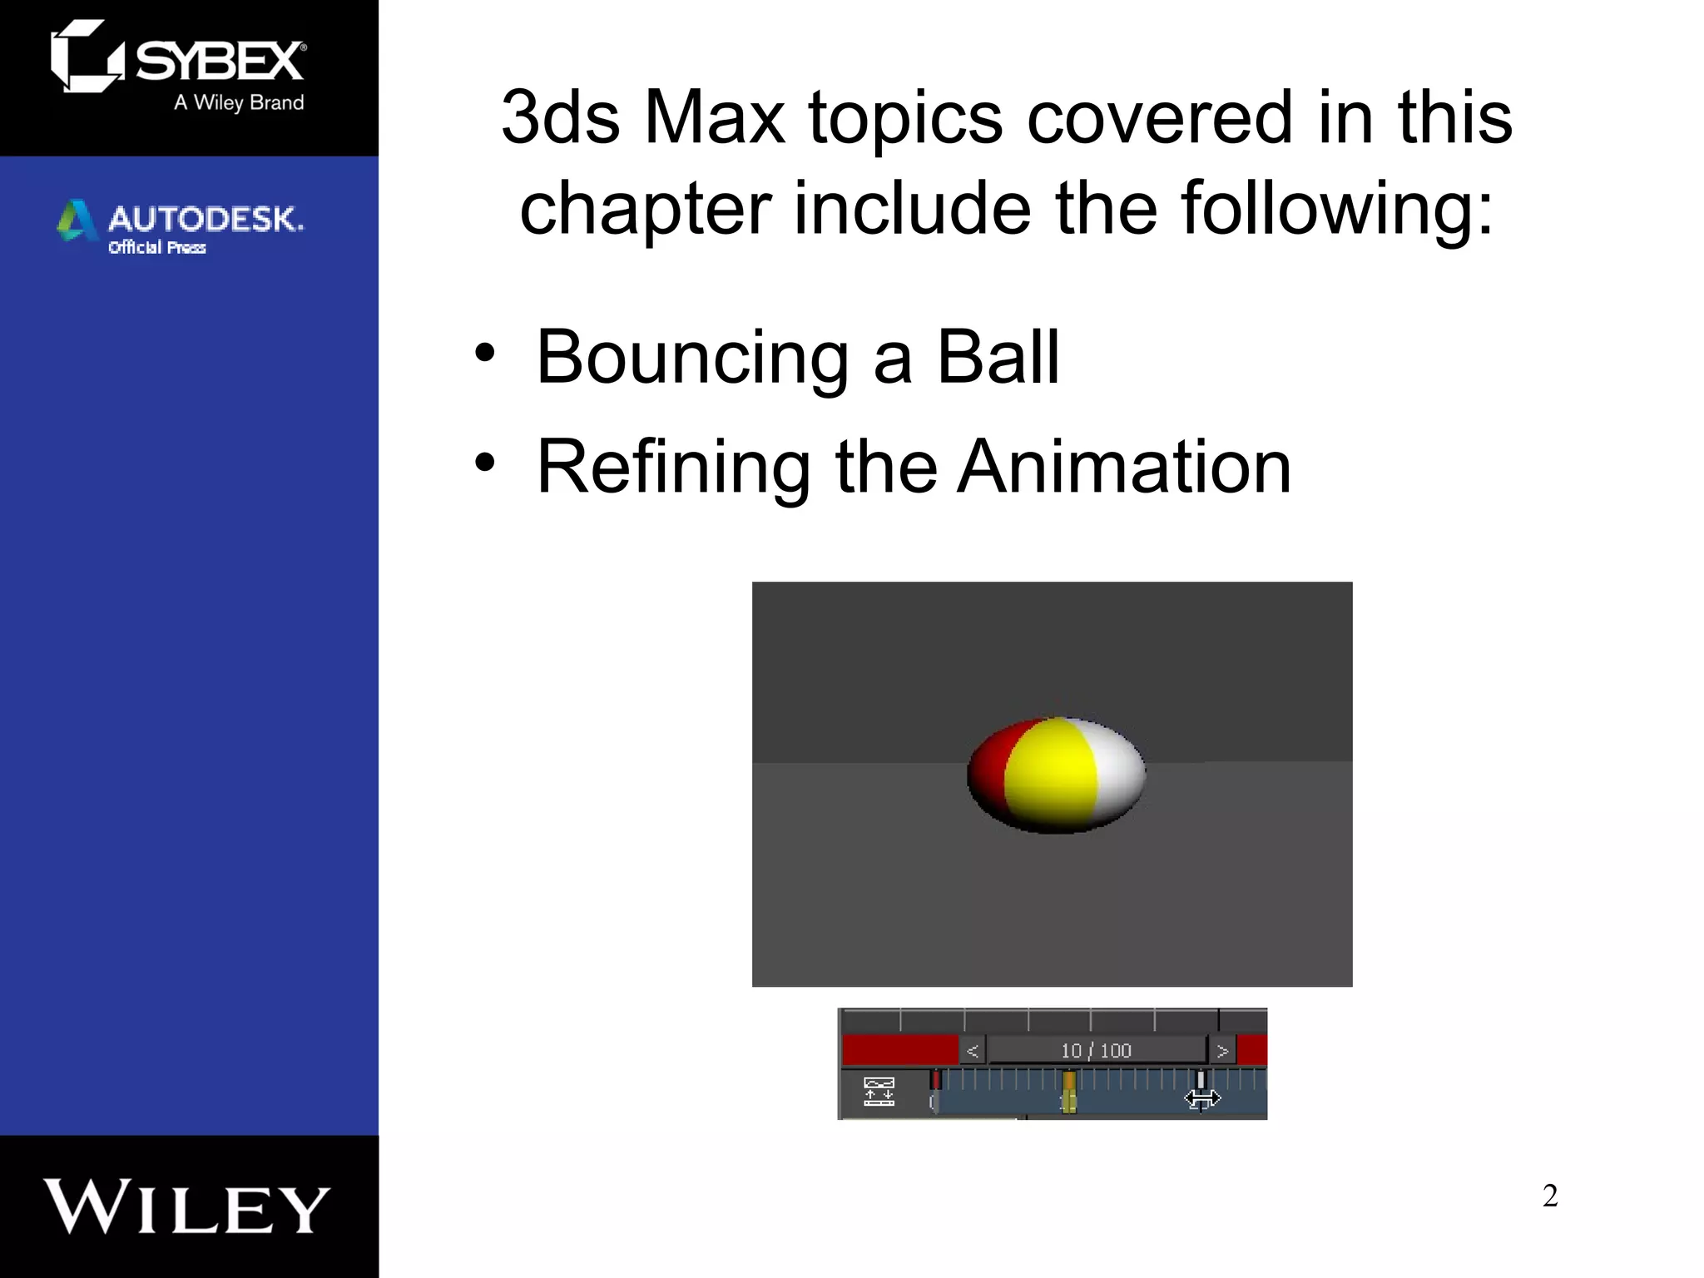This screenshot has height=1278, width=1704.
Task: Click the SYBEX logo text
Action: coord(220,61)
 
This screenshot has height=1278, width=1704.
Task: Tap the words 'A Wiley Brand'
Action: coord(239,102)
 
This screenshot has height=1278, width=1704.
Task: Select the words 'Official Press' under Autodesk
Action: coord(157,247)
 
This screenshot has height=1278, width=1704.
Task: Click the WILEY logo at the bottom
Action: coord(187,1206)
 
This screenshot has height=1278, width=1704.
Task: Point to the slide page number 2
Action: coord(1549,1196)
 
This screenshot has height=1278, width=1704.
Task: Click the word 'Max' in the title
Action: coord(715,117)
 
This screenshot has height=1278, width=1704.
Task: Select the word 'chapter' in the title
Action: coord(646,208)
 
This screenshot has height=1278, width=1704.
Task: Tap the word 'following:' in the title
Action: coord(1337,208)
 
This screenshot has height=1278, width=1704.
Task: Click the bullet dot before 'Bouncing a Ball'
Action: coord(484,353)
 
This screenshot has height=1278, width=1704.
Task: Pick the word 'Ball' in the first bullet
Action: coord(998,357)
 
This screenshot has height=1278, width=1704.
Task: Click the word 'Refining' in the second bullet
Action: coord(673,467)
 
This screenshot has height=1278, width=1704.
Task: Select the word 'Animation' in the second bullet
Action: coord(1125,467)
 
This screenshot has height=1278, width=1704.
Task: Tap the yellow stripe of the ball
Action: coord(1051,774)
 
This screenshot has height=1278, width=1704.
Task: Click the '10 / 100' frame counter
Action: coord(1096,1051)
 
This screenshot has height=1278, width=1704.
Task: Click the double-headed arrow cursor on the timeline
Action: coord(1202,1099)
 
